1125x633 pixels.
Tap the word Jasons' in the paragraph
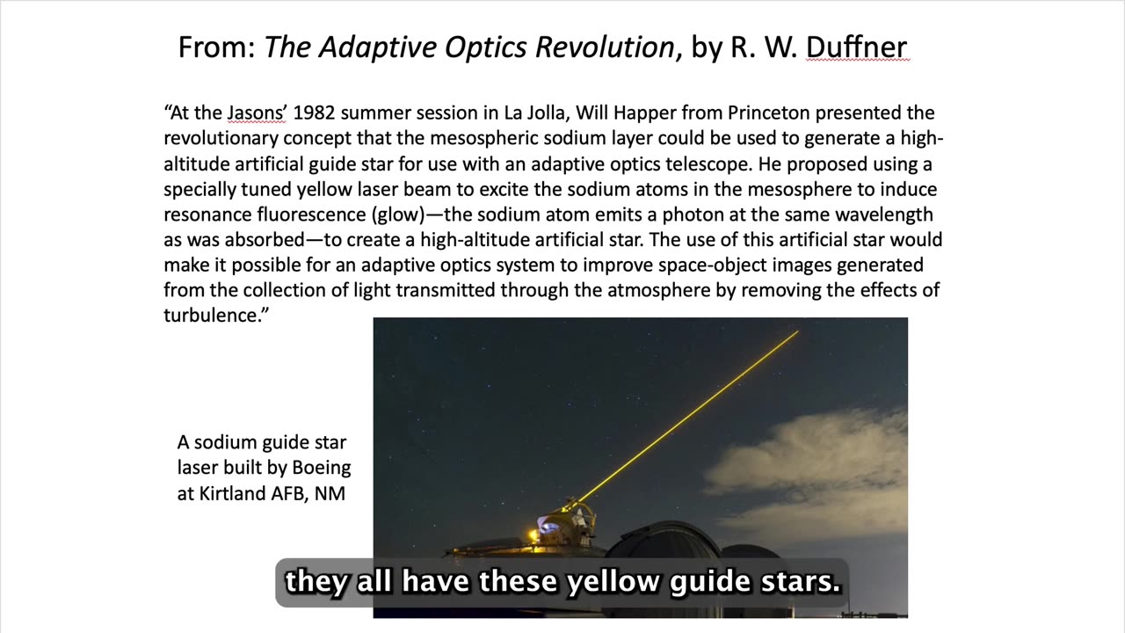[x=257, y=113]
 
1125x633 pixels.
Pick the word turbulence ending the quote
[x=212, y=316]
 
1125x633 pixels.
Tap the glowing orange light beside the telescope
[x=533, y=535]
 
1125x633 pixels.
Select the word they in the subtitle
[x=315, y=581]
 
